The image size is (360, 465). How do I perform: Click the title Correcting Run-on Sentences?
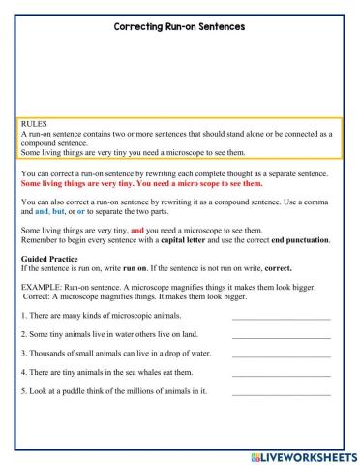180,27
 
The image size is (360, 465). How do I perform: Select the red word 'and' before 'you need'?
137,230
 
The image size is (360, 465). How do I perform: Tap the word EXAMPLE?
42,288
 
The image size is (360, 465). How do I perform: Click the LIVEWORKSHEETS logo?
303,455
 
